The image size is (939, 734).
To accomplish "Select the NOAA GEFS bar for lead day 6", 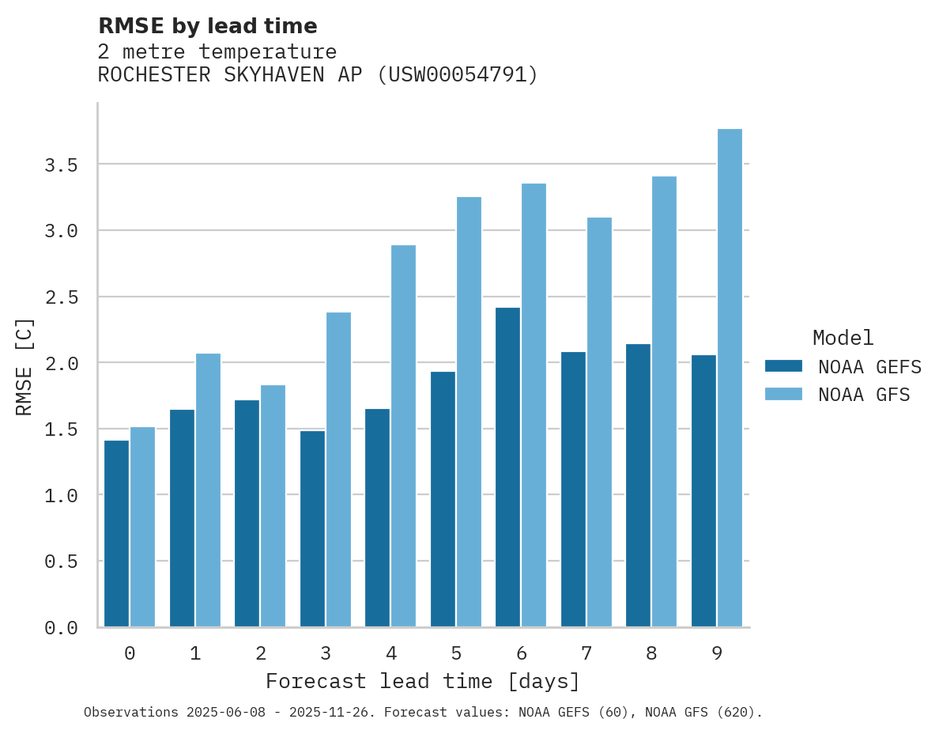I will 507,467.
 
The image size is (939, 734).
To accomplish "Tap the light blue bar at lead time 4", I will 403,436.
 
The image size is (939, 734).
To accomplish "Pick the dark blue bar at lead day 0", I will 116,533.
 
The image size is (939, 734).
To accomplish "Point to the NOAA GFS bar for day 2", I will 273,505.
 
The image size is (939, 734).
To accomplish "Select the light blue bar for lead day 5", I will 469,411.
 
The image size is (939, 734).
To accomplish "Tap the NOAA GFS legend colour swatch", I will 783,394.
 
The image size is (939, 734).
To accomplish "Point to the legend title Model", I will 843,339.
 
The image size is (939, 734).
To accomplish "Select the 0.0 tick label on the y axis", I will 61,628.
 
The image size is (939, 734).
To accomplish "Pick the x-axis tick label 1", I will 194,653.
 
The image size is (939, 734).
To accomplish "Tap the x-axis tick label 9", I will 716,653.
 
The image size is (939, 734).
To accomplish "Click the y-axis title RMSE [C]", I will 25,366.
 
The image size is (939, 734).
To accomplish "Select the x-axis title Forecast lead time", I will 423,682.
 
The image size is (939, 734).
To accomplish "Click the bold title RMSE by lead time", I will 207,26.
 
